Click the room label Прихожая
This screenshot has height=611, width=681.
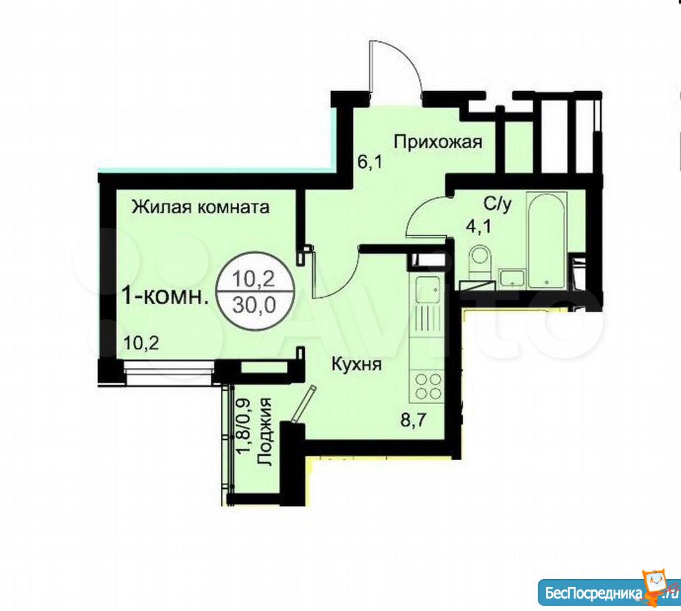pyautogui.click(x=438, y=142)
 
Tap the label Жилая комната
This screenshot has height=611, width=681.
pyautogui.click(x=200, y=207)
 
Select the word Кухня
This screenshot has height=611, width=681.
pyautogui.click(x=356, y=364)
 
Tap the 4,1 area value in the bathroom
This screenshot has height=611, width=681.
pyautogui.click(x=479, y=226)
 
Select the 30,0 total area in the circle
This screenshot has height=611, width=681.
pyautogui.click(x=255, y=305)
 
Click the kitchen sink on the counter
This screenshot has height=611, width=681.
pyautogui.click(x=427, y=290)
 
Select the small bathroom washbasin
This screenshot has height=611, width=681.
pyautogui.click(x=512, y=278)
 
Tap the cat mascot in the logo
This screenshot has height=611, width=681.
pyautogui.click(x=659, y=587)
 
